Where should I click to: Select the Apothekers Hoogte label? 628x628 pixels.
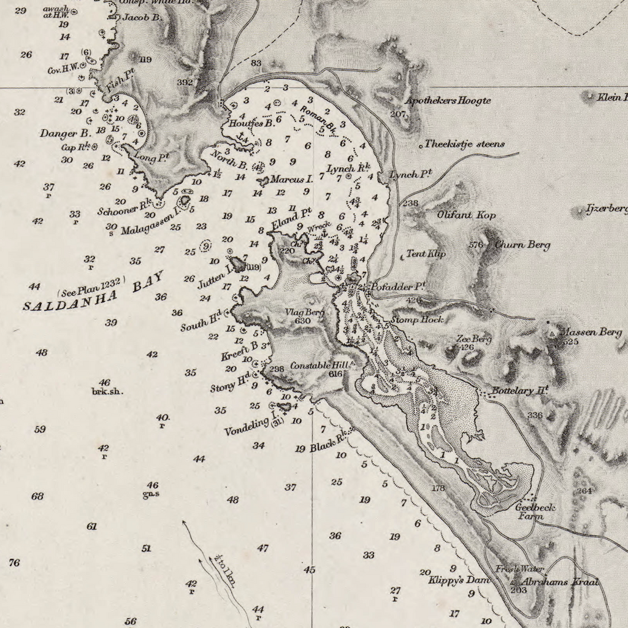448,101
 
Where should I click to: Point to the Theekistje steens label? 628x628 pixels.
465,144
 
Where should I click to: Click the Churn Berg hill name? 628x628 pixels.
522,245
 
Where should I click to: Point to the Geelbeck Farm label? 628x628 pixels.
535,511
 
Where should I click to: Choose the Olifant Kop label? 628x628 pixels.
466,215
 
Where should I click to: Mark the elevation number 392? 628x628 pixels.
185,82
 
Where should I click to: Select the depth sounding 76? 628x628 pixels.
14,562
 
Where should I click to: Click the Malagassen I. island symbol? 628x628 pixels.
184,200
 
